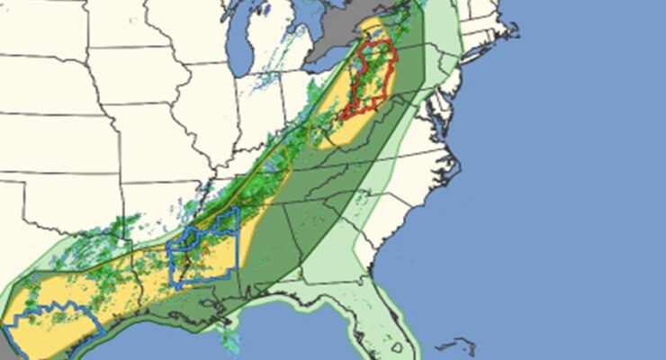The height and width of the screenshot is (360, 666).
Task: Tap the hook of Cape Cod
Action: point(514,28)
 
